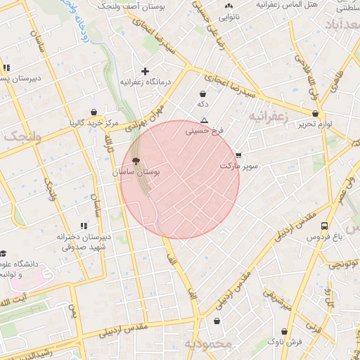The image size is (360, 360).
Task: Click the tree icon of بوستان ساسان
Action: [x=136, y=161]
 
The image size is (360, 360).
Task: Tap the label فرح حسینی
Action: [x=204, y=131]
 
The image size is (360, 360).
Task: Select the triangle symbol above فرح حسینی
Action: [x=204, y=120]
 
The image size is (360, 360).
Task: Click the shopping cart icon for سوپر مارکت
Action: [x=238, y=155]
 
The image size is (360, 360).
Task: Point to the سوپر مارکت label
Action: [x=239, y=167]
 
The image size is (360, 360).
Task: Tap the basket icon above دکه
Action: [x=202, y=93]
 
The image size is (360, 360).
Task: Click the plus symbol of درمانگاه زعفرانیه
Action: [x=146, y=71]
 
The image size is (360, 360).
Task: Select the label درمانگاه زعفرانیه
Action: [x=146, y=82]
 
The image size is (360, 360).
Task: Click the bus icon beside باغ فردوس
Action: [x=324, y=226]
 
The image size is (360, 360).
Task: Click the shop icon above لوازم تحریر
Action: [x=315, y=113]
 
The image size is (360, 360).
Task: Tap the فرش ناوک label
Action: [x=285, y=342]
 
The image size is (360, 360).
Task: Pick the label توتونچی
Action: [x=345, y=264]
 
